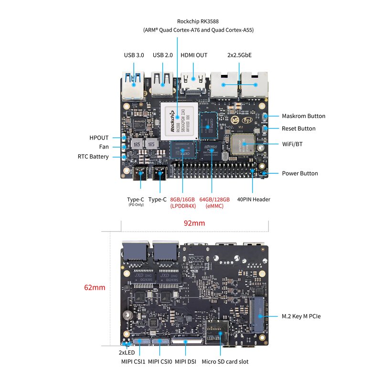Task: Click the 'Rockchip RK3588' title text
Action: (x=198, y=21)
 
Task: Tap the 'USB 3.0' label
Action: (x=134, y=55)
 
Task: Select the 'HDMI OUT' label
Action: (x=194, y=55)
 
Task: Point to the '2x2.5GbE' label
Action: (x=239, y=55)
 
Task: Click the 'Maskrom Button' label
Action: (x=303, y=116)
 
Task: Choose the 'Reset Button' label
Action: (x=298, y=128)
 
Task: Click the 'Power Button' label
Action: (x=299, y=173)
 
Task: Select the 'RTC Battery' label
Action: (x=93, y=157)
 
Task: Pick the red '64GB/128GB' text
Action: (x=214, y=199)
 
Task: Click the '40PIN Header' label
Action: (x=254, y=199)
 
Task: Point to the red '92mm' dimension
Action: (x=194, y=223)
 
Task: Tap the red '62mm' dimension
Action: (x=95, y=287)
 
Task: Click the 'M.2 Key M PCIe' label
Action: (x=301, y=316)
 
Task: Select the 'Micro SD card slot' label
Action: (x=225, y=362)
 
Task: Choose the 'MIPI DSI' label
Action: (x=186, y=362)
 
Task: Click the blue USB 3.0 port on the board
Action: (x=133, y=84)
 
